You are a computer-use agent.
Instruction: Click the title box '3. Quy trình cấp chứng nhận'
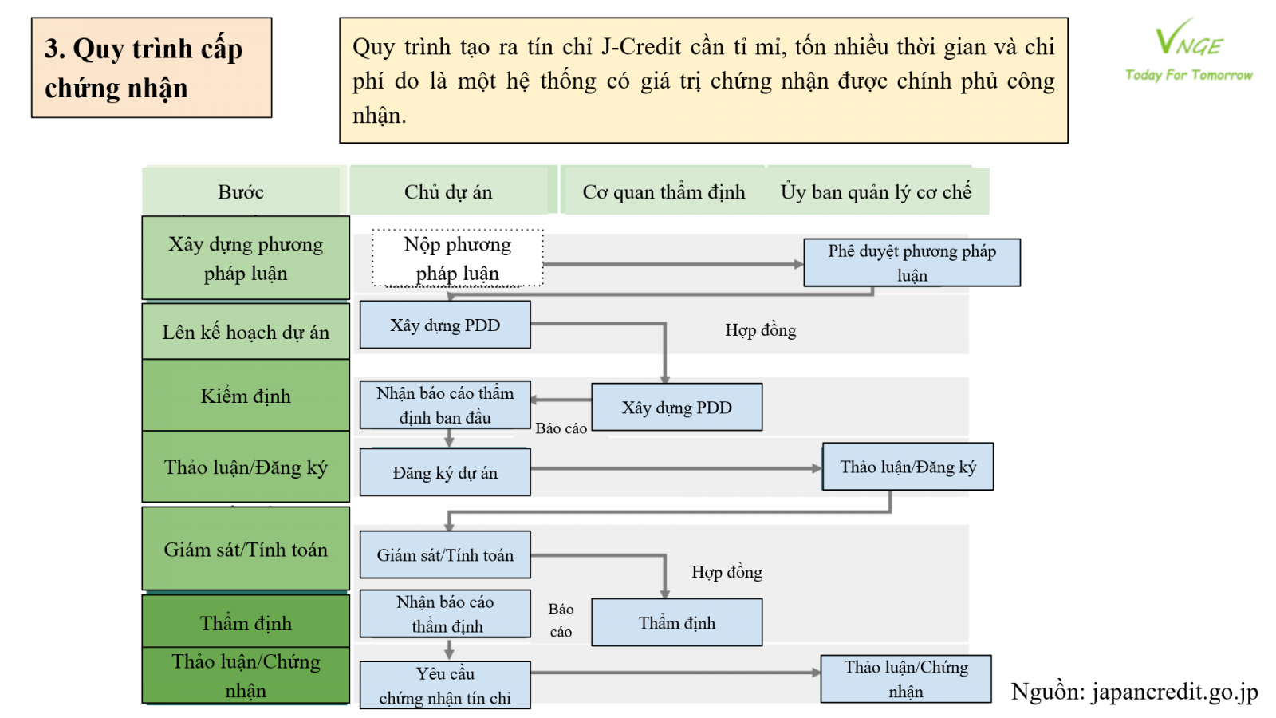coord(152,68)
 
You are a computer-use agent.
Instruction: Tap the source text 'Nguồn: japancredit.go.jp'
coord(1134,692)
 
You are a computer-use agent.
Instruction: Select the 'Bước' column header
coord(241,191)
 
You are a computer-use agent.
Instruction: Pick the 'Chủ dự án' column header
coord(448,191)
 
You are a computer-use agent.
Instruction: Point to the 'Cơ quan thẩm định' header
coord(664,191)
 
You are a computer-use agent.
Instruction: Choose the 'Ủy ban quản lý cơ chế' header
coord(876,191)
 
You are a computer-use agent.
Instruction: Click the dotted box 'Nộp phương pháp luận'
coord(458,258)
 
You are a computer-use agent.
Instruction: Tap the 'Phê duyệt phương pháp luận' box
coord(912,262)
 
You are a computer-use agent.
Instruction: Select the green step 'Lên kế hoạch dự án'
coord(246,332)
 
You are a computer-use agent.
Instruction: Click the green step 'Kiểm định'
coord(246,396)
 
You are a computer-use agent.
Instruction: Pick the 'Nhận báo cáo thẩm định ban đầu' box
coord(445,405)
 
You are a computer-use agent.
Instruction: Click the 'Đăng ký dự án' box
coord(445,472)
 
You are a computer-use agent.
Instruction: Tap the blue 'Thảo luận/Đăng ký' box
coord(908,467)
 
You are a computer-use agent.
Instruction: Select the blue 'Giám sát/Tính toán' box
coord(445,555)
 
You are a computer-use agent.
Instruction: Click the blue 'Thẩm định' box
coord(676,622)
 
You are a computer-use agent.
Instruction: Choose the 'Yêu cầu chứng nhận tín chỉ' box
coord(445,685)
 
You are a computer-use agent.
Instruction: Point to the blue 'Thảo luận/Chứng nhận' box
coord(906,679)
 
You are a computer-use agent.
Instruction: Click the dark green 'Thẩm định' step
coord(246,622)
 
